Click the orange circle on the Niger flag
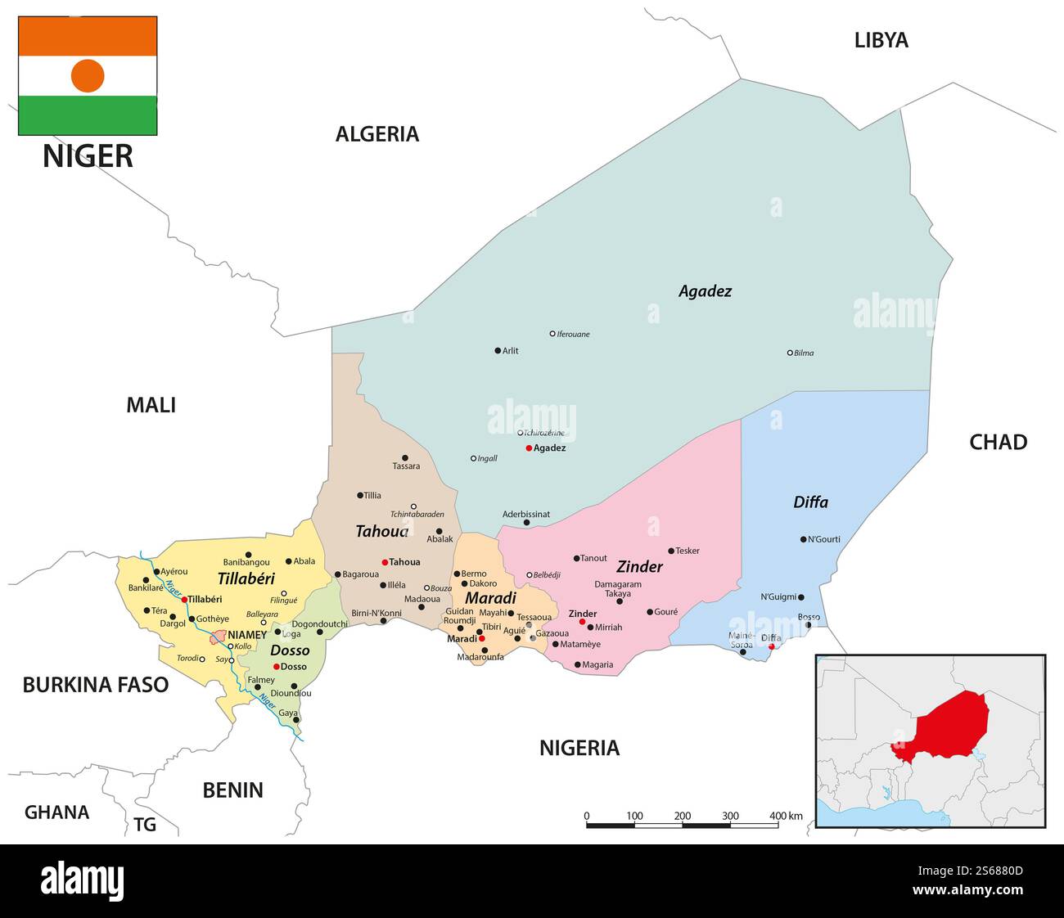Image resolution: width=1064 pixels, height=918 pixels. click(x=88, y=75)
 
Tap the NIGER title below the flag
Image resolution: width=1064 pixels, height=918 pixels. click(x=88, y=155)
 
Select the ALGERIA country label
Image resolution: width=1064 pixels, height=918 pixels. click(x=376, y=134)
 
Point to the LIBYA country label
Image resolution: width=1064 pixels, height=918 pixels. click(x=881, y=40)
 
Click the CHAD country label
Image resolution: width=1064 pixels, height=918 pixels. click(x=998, y=443)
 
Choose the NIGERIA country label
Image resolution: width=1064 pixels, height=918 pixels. click(x=579, y=748)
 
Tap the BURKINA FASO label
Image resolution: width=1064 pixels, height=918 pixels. click(x=95, y=685)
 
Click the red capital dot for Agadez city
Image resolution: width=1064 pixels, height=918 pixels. click(x=529, y=448)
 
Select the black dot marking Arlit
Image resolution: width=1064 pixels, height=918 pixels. click(x=498, y=351)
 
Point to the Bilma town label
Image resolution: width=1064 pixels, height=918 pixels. click(x=804, y=353)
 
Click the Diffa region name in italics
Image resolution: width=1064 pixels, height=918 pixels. click(x=810, y=502)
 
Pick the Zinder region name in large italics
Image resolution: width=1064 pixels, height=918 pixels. click(x=639, y=567)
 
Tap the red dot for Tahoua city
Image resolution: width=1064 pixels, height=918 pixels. click(x=385, y=562)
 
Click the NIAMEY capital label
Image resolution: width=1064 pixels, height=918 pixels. click(x=246, y=635)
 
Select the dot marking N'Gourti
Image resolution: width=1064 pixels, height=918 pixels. click(x=803, y=539)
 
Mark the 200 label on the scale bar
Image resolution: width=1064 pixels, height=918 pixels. click(x=683, y=816)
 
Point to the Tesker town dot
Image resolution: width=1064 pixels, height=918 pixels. click(x=671, y=551)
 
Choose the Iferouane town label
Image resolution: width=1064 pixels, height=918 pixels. click(x=573, y=335)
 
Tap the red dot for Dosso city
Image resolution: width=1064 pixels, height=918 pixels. click(x=277, y=667)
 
